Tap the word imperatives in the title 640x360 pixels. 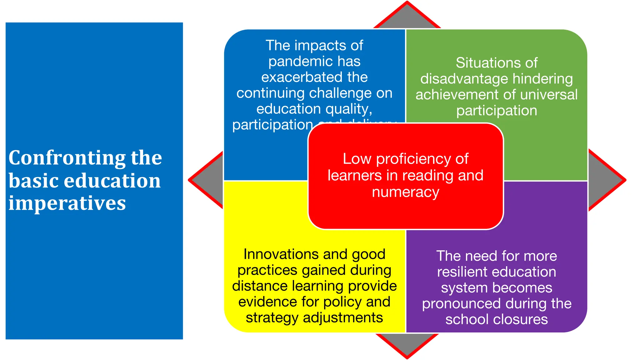click(x=67, y=203)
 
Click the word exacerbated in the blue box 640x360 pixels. click(x=297, y=77)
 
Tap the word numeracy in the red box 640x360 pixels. click(x=405, y=192)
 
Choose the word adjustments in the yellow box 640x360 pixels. click(x=342, y=318)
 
